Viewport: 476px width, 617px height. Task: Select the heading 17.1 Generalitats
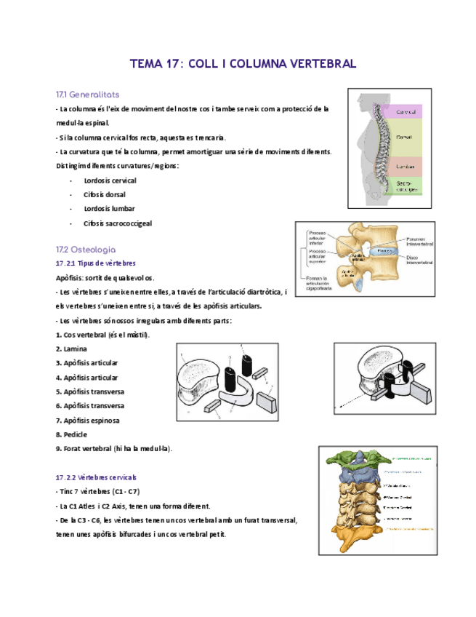coord(88,95)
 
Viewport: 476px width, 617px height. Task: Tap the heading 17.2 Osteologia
coord(86,249)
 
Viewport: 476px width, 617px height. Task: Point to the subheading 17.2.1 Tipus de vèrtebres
coord(96,263)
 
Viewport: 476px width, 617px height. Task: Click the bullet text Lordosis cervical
coord(110,180)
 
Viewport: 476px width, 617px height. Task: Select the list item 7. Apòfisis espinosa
coord(88,421)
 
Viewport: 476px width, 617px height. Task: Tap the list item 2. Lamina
coord(71,349)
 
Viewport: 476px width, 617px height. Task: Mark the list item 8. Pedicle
coord(71,434)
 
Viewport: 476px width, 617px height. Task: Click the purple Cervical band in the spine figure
coord(406,112)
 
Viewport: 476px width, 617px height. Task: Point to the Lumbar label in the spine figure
coord(406,166)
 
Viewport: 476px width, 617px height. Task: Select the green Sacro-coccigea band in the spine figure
coord(406,186)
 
